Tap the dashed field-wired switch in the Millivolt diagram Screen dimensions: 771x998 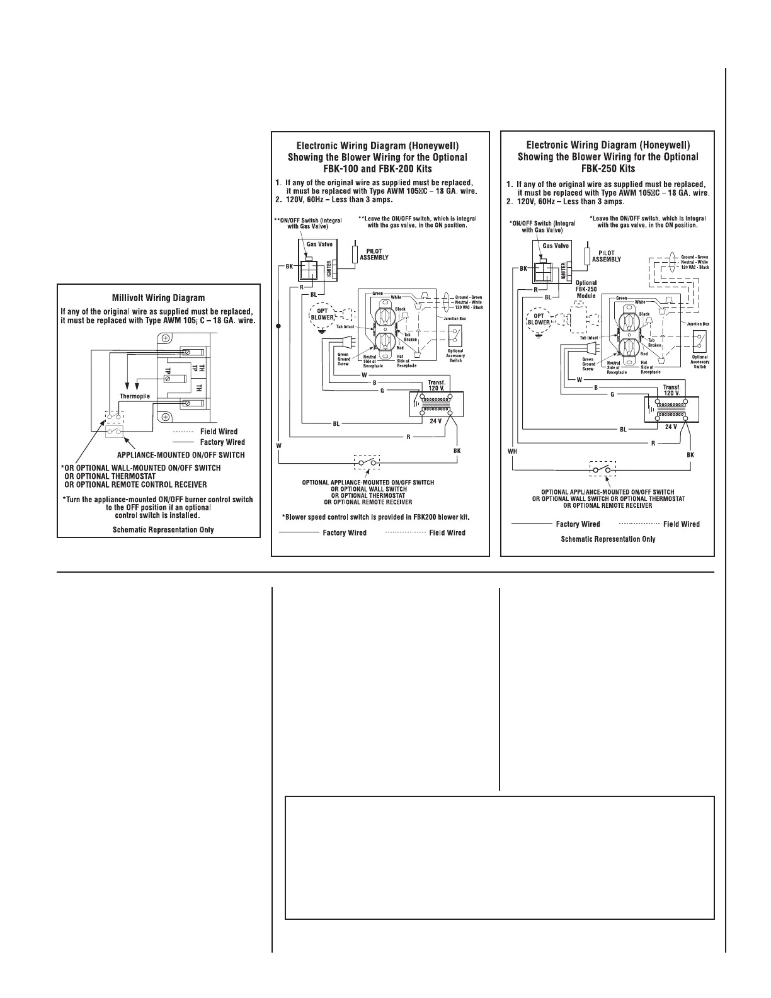click(114, 417)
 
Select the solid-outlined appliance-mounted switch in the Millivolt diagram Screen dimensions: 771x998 click(114, 431)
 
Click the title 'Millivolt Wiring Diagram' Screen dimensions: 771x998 click(158, 298)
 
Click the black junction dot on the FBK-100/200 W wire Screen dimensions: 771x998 click(278, 326)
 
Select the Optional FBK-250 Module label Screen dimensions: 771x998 click(586, 289)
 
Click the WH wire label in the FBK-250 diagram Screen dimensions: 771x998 click(512, 451)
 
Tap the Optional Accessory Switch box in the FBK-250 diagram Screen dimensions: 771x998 click(698, 341)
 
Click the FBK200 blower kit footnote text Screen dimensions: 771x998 click(376, 517)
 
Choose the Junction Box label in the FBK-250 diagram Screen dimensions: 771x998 click(697, 323)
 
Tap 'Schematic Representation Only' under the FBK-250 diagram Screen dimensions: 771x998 click(608, 539)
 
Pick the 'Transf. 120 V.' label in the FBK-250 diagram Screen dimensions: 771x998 click(671, 391)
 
